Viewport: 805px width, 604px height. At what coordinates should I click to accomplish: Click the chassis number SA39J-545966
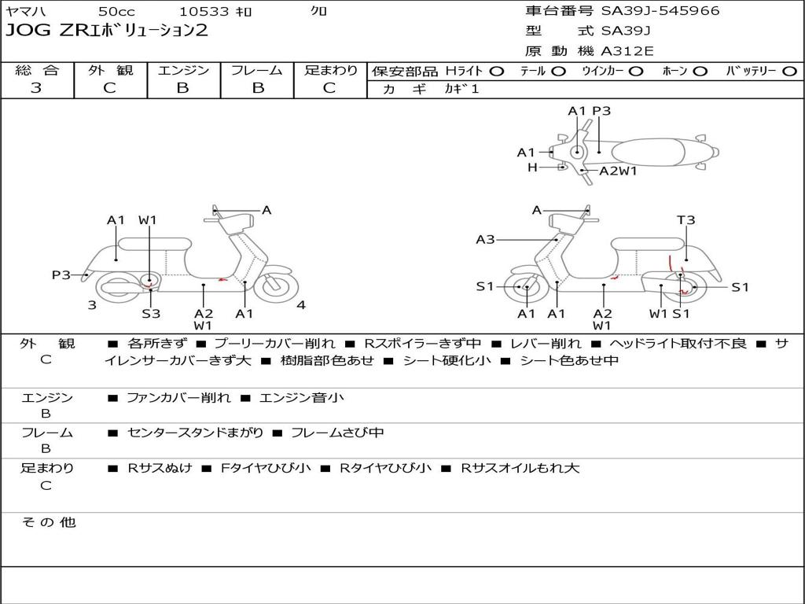coord(660,11)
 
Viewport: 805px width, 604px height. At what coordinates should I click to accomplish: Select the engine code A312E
coord(627,51)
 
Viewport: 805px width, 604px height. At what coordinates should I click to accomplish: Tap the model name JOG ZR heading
coord(106,31)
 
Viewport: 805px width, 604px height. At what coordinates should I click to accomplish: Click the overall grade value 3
coord(36,88)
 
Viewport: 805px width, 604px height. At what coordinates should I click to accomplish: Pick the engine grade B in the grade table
coord(182,88)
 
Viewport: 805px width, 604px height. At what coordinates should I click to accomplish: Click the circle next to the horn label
coord(700,72)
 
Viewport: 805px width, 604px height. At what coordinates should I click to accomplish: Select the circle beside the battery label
coord(789,72)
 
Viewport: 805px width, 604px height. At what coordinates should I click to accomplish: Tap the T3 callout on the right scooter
coord(686,220)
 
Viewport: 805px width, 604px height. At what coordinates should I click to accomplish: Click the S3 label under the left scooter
coord(151,313)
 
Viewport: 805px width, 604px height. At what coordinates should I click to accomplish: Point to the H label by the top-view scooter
coord(532,167)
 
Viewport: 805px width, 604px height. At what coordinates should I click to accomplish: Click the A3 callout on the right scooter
coord(485,239)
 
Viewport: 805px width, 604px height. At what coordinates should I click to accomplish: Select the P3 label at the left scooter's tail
coord(61,274)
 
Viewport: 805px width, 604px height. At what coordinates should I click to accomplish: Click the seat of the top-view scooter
coord(649,153)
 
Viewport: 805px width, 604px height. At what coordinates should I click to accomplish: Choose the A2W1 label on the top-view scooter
coord(618,171)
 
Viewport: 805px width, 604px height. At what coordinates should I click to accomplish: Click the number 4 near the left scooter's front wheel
coord(301,305)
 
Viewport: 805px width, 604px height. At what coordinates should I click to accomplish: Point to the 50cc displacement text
coord(117,11)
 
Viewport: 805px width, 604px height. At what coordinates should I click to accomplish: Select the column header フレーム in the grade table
coord(257,70)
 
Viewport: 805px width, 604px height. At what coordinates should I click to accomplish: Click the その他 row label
coord(49,522)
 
